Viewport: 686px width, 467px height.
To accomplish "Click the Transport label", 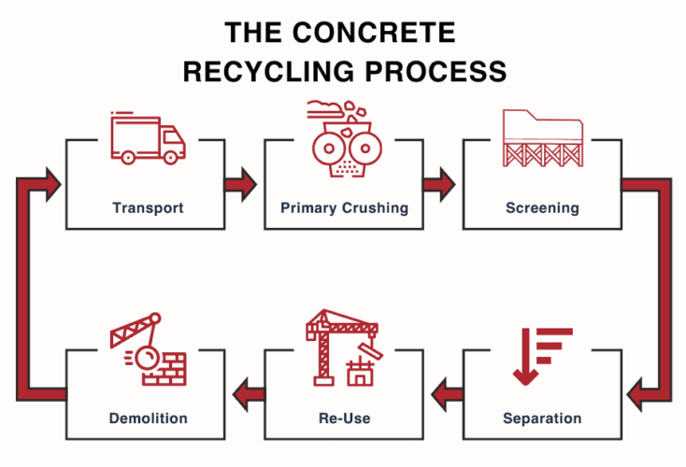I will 148,207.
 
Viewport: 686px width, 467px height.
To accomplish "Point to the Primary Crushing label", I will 345,207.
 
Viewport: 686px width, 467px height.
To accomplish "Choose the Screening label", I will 542,207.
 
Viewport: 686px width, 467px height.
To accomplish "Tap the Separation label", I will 542,417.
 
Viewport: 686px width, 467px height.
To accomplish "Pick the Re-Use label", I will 345,417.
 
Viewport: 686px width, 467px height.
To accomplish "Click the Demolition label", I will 148,417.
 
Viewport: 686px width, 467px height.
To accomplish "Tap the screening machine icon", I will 542,138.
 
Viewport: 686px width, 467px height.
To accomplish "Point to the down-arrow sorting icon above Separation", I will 541,355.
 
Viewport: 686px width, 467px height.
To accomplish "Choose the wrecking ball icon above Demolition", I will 147,350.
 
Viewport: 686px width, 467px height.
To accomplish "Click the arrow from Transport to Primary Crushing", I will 241,183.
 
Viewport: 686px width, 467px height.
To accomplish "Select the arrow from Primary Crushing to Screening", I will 438,183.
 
